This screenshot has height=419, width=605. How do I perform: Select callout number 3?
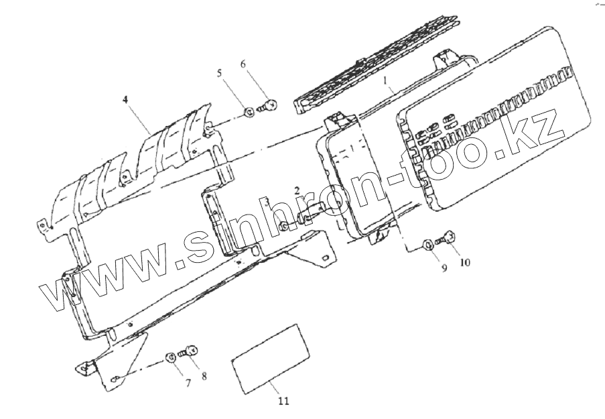266,201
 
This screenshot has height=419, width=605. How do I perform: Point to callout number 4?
126,99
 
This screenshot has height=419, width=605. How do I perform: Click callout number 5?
219,72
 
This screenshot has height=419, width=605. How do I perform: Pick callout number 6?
243,64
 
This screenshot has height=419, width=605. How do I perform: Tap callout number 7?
188,383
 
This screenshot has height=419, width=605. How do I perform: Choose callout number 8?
204,376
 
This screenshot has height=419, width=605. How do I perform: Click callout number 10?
464,262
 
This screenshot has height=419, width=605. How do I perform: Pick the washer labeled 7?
171,356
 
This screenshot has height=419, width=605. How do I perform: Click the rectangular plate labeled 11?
269,355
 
